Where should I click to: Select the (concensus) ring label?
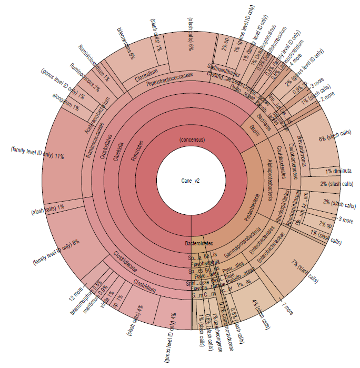[192, 140]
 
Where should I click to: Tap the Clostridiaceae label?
[126, 262]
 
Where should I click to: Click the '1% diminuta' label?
[338, 171]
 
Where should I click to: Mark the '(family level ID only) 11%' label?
[37, 153]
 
